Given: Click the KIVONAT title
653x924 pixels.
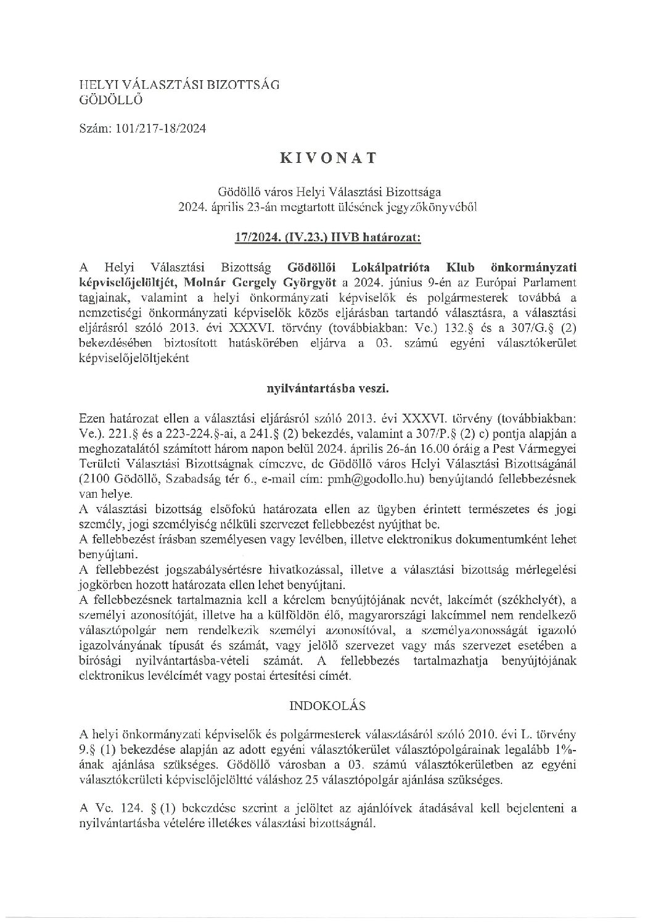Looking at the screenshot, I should point(328,157).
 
